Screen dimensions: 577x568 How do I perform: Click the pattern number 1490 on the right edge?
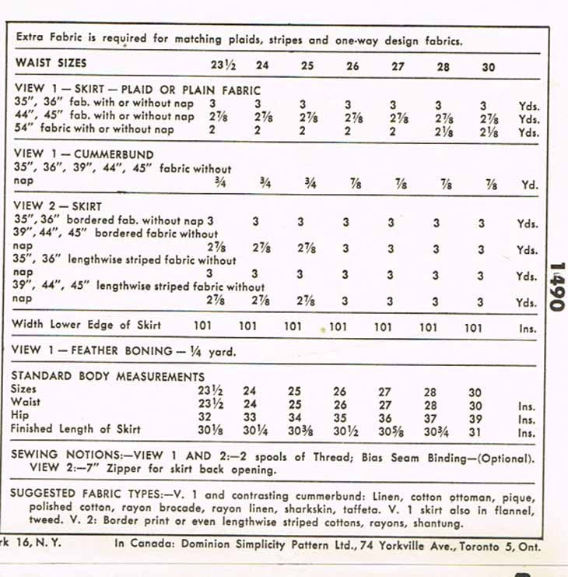556,286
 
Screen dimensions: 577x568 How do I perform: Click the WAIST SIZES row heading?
51,63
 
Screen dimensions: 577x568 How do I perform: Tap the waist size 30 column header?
488,67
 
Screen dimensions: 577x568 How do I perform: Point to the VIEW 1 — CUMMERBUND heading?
84,155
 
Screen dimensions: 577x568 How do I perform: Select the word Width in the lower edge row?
30,324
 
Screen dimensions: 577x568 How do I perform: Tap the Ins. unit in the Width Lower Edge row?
528,329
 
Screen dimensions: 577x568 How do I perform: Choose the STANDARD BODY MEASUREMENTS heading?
107,377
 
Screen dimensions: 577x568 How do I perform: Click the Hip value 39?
475,418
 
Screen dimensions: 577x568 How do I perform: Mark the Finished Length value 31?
475,431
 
